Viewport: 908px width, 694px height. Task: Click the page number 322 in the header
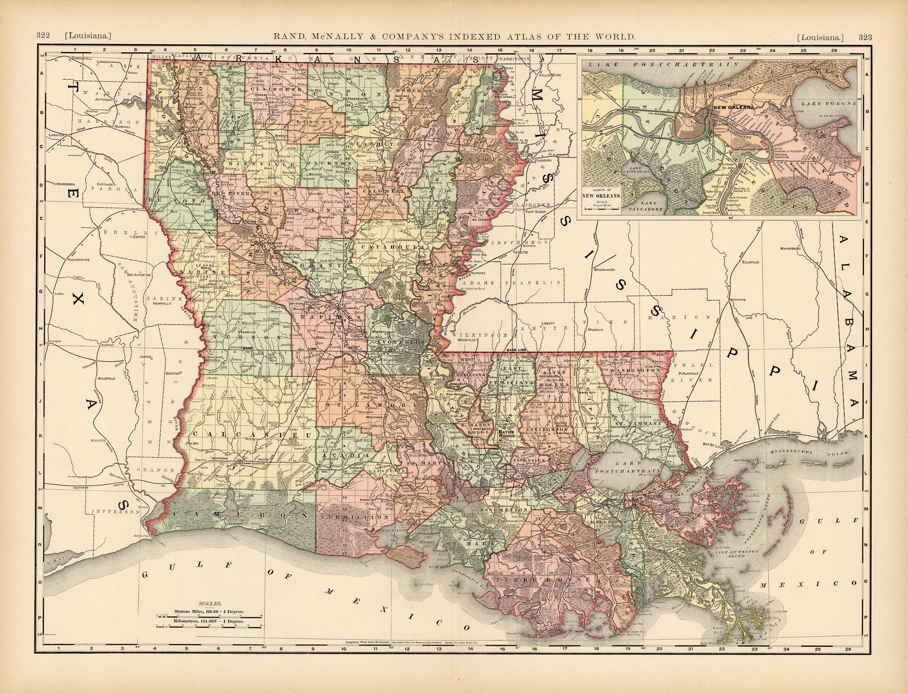[43, 36]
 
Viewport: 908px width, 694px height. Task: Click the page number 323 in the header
[865, 37]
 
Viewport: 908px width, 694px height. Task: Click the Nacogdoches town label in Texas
[76, 260]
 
